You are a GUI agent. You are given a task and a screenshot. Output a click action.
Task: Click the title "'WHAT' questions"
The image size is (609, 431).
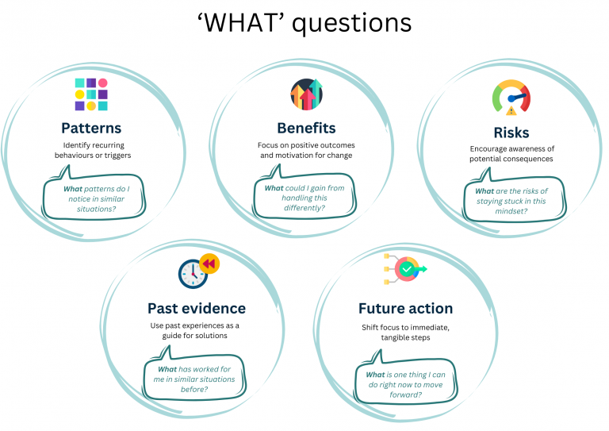[x=304, y=23]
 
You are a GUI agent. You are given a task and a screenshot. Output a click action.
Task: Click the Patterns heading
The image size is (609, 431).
[x=91, y=128]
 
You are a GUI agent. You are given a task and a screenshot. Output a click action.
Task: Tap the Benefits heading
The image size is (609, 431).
[x=306, y=128]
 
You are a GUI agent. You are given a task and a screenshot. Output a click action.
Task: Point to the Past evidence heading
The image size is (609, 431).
[x=197, y=308]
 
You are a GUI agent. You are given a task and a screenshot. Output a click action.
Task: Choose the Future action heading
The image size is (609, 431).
[x=405, y=308]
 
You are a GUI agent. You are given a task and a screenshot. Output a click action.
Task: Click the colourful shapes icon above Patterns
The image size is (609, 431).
[x=91, y=94]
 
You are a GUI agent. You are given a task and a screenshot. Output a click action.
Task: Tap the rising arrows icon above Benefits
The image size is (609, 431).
[x=306, y=94]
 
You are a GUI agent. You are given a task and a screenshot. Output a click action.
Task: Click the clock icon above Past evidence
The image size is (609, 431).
[x=193, y=273]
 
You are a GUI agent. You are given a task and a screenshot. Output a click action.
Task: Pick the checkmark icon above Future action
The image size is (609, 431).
[x=407, y=270]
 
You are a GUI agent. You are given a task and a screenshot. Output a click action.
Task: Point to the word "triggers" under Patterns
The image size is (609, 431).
[x=115, y=156]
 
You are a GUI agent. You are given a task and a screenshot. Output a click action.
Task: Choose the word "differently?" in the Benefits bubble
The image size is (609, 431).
[x=305, y=208]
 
